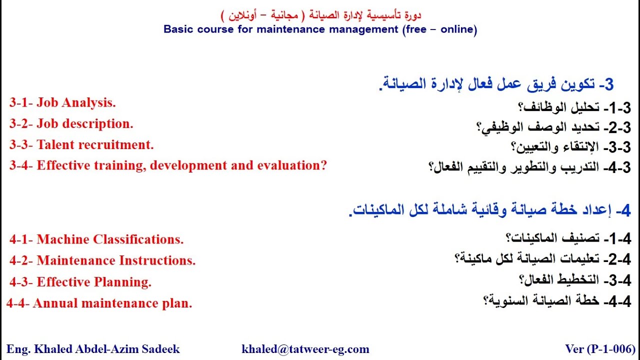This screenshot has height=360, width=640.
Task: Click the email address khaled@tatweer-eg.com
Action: click(x=305, y=349)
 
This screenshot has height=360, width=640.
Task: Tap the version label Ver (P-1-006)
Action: click(x=600, y=349)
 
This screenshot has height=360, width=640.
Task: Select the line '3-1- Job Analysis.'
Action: click(x=62, y=103)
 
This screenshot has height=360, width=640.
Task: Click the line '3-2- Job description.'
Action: click(x=71, y=124)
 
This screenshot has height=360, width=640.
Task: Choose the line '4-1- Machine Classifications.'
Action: click(x=96, y=239)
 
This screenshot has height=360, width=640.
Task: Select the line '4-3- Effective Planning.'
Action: click(x=80, y=282)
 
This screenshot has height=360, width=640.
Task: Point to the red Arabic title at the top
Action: click(x=320, y=15)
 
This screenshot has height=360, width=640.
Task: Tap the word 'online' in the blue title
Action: click(x=456, y=29)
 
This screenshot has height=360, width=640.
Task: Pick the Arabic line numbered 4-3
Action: click(x=530, y=167)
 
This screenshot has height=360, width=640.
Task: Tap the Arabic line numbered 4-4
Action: click(x=557, y=301)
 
